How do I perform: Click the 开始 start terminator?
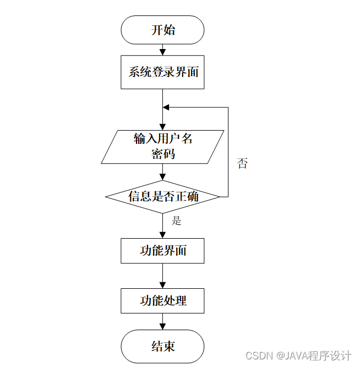coord(162,30)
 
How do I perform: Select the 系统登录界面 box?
coord(162,72)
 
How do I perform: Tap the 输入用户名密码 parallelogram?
coord(162,146)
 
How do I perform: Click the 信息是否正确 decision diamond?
coord(162,196)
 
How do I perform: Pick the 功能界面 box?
coord(162,251)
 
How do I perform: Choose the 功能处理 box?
coord(162,301)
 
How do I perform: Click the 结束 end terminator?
coord(162,346)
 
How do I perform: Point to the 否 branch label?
coord(242,163)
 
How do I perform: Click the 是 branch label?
coord(176,221)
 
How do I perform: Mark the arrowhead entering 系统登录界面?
coord(162,52)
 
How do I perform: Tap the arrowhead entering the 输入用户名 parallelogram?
coord(162,126)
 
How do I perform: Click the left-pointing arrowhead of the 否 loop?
coord(166,107)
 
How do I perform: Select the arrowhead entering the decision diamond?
coord(162,176)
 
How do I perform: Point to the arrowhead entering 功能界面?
coord(162,235)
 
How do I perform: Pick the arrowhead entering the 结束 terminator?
coord(162,326)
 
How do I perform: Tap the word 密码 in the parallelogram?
coord(163,154)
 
